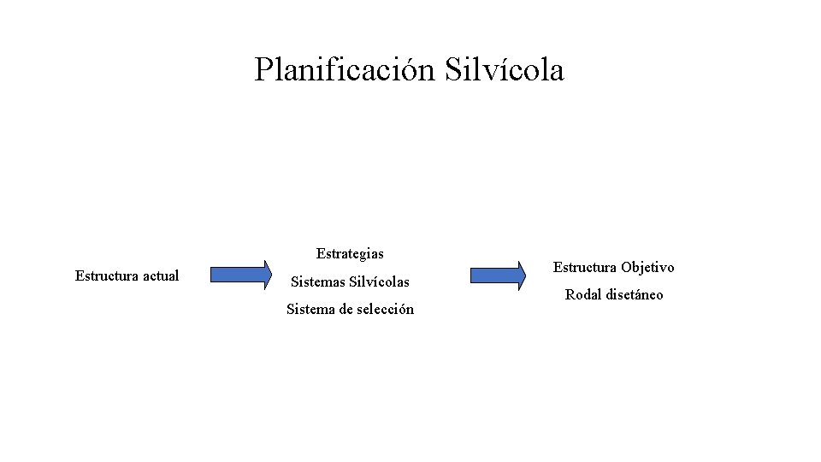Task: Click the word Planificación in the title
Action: click(x=346, y=70)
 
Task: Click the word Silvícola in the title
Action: click(x=505, y=70)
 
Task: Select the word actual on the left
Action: click(x=162, y=275)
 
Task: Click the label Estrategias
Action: click(x=350, y=253)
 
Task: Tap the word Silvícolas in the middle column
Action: click(x=381, y=281)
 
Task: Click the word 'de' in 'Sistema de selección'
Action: click(x=347, y=310)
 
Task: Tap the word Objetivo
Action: click(x=647, y=268)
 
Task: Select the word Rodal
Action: click(x=582, y=295)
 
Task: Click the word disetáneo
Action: click(x=633, y=295)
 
